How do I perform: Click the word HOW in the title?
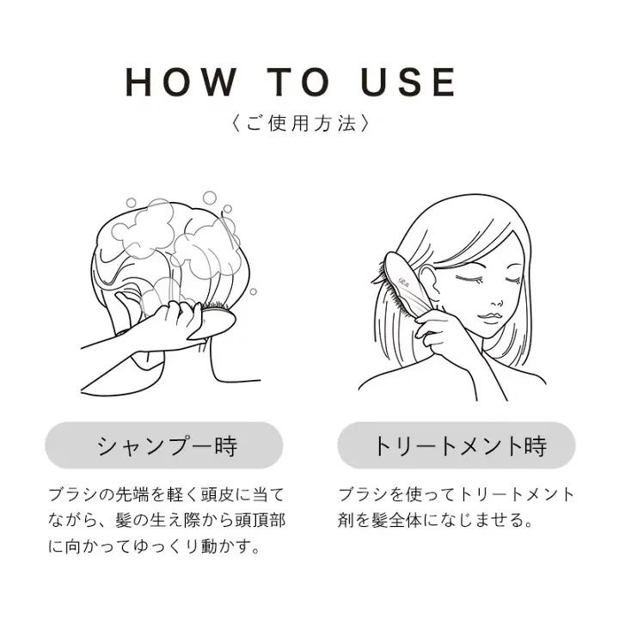pyautogui.click(x=181, y=82)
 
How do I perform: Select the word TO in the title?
pyautogui.click(x=298, y=82)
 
